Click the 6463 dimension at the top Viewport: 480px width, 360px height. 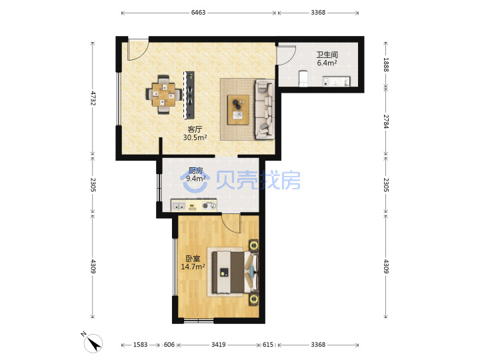(x=198, y=13)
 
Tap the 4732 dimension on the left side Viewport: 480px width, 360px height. (x=93, y=98)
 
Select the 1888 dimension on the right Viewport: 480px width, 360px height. (x=386, y=65)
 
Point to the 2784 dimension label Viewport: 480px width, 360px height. (x=386, y=121)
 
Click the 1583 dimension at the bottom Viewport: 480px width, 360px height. (x=140, y=345)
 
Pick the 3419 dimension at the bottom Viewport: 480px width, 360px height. (x=219, y=345)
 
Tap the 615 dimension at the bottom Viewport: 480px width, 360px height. (x=268, y=345)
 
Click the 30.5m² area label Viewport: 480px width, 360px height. (x=195, y=137)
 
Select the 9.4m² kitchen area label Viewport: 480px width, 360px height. (x=196, y=179)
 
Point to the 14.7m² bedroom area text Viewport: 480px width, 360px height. (x=193, y=267)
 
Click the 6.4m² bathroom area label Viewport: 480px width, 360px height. (x=327, y=63)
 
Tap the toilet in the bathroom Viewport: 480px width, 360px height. (x=303, y=79)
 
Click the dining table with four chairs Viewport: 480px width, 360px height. (x=164, y=94)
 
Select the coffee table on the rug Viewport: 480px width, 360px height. (x=238, y=109)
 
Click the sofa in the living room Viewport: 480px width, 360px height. (x=265, y=109)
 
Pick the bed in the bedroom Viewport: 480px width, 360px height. (x=235, y=272)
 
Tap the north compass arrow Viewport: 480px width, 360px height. (x=95, y=343)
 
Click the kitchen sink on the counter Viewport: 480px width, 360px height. (x=179, y=206)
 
